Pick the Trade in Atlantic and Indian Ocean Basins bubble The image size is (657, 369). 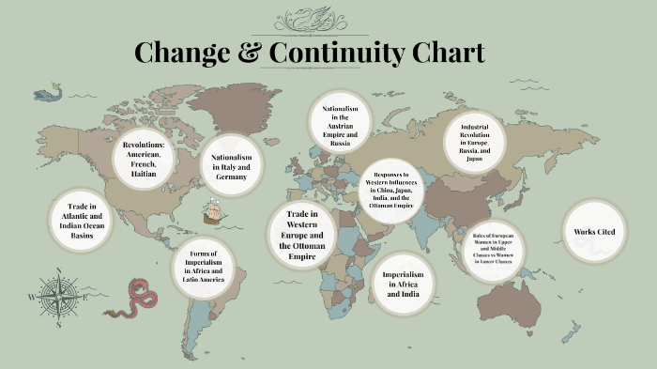click(82, 221)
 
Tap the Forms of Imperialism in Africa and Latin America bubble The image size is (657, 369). click(204, 267)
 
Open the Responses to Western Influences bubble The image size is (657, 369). click(392, 191)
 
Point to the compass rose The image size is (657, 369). click(58, 297)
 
